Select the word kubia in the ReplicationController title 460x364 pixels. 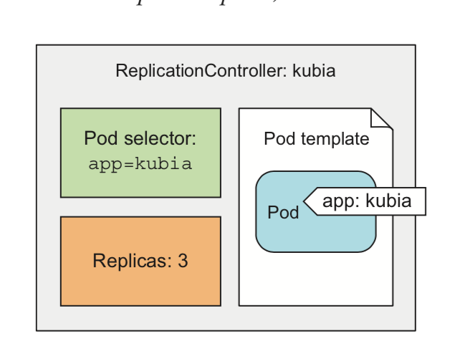click(314, 72)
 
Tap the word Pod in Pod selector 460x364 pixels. click(99, 138)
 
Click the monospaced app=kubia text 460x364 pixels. click(140, 163)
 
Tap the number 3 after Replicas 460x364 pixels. click(183, 261)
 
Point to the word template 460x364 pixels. click(336, 138)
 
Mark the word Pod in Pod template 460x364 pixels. click(279, 138)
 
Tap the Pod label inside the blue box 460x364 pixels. click(283, 213)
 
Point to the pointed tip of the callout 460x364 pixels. click(306, 202)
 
